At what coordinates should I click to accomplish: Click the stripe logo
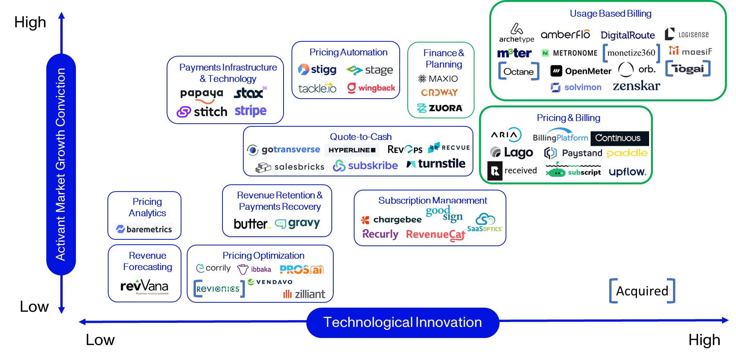(x=251, y=111)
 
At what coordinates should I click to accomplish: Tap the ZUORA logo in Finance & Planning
(x=440, y=108)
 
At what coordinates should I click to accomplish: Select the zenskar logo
(x=636, y=86)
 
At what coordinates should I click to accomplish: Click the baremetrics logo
(x=144, y=229)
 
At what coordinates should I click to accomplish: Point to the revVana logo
(x=144, y=286)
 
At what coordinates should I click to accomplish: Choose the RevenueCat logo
(x=435, y=235)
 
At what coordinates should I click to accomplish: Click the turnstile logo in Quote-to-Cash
(x=436, y=164)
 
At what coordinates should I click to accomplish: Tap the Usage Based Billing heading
(x=610, y=14)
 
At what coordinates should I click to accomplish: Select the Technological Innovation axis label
(x=402, y=322)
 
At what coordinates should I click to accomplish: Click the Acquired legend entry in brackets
(x=642, y=291)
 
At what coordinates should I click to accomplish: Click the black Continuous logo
(x=619, y=138)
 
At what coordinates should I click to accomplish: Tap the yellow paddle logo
(x=627, y=153)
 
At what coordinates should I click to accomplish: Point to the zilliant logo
(x=304, y=294)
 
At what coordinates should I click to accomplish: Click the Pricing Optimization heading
(x=263, y=256)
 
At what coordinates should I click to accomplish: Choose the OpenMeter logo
(x=581, y=71)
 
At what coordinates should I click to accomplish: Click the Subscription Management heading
(x=432, y=200)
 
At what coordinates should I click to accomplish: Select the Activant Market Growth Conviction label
(x=61, y=164)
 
